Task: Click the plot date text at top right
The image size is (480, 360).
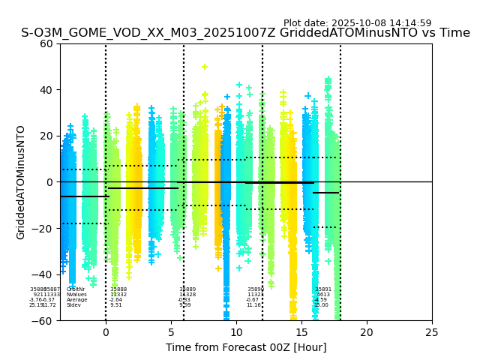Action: point(357,23)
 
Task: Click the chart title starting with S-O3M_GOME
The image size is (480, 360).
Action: point(245,33)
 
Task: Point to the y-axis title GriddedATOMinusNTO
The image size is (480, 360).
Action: point(21,182)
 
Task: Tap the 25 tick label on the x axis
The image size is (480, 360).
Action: point(432,332)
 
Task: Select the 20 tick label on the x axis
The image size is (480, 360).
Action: point(367,332)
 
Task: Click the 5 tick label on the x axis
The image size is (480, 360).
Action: point(171,332)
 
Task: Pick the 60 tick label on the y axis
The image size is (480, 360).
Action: point(46,43)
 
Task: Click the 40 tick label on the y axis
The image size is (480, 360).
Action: point(46,90)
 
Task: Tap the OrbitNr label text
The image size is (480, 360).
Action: point(76,289)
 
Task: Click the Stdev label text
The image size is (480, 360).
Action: point(73,305)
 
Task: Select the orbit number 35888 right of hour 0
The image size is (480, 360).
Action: point(118,289)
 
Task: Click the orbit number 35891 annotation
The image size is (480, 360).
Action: point(323,289)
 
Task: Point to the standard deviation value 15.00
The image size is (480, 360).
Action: point(321,305)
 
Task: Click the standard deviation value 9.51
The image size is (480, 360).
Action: point(115,305)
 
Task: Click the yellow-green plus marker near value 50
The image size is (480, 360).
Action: point(205,67)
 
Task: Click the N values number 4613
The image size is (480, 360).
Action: point(322,295)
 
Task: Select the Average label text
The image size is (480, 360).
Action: point(76,300)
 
